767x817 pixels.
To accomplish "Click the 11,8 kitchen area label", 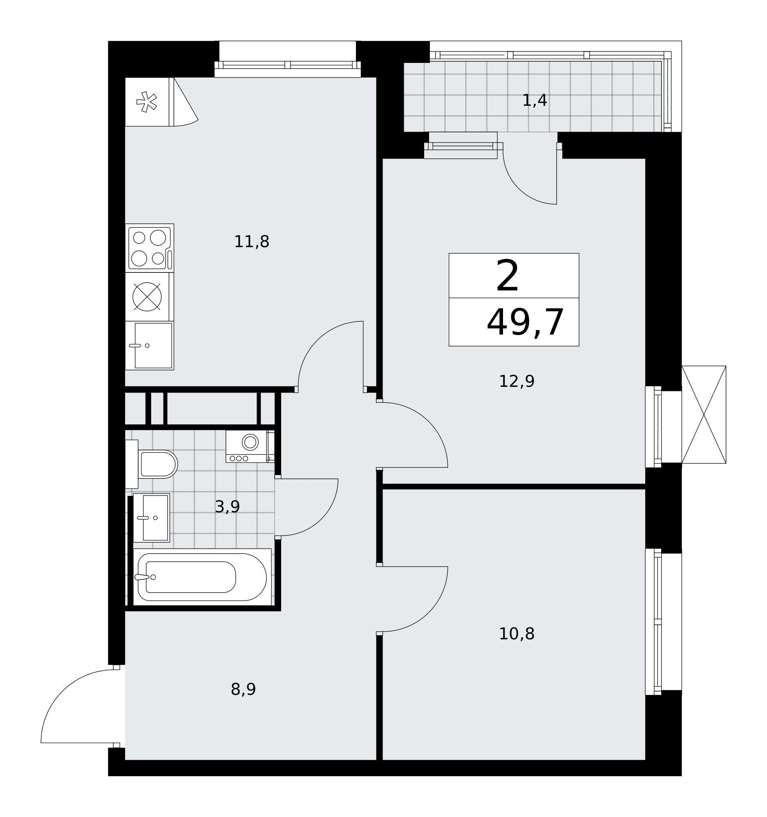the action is [252, 242].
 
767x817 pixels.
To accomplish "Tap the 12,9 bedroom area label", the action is [516, 382].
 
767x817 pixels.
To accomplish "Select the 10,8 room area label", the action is [516, 634].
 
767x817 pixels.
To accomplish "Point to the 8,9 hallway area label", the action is [243, 690].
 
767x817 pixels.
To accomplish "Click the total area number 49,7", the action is [525, 323].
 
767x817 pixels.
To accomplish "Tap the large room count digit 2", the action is [507, 276].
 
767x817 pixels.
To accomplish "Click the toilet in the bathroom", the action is [151, 464].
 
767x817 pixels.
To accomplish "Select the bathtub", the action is [202, 577].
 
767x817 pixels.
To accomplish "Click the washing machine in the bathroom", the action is [250, 446].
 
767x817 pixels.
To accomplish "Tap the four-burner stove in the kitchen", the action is [150, 248].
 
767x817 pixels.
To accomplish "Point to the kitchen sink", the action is [150, 346].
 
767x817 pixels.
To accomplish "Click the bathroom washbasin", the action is [151, 518].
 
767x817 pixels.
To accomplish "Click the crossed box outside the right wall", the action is [704, 415].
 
